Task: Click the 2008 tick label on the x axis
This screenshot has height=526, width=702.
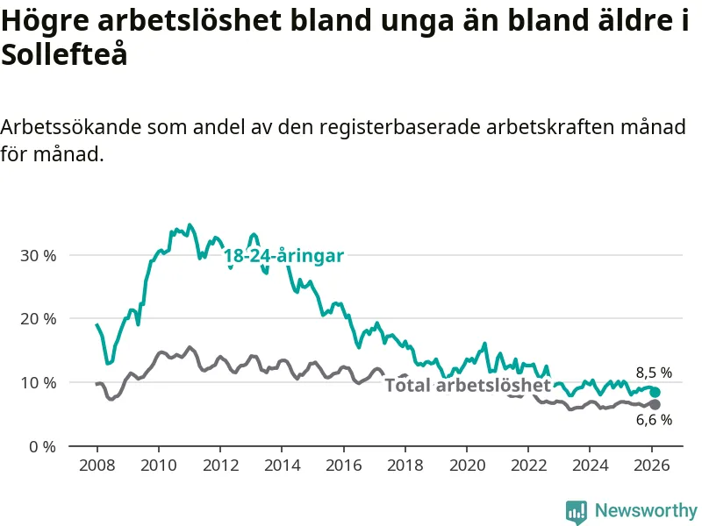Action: click(x=97, y=466)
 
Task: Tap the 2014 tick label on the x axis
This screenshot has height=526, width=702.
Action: click(x=282, y=466)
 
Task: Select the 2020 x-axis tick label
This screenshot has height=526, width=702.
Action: click(x=467, y=466)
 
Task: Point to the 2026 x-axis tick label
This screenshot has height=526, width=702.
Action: click(x=652, y=466)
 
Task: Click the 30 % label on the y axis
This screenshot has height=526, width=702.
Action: click(x=38, y=255)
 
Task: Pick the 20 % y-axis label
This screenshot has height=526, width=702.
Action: click(x=38, y=319)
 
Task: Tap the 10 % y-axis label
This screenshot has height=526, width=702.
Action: click(x=38, y=383)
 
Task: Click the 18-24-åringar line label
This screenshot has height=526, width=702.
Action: click(x=283, y=255)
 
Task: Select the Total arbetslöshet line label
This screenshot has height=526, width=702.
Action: click(x=468, y=385)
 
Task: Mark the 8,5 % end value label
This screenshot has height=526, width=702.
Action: click(x=654, y=373)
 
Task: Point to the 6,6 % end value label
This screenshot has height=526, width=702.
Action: click(x=654, y=420)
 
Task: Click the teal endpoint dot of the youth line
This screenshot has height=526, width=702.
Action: click(x=655, y=392)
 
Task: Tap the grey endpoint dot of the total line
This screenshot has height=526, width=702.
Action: click(x=655, y=404)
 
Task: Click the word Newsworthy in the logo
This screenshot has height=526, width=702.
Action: click(x=646, y=510)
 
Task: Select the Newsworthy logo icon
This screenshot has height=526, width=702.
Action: click(x=577, y=511)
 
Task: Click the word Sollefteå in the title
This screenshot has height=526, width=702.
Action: click(x=64, y=55)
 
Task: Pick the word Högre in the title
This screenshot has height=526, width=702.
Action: click(x=42, y=22)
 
